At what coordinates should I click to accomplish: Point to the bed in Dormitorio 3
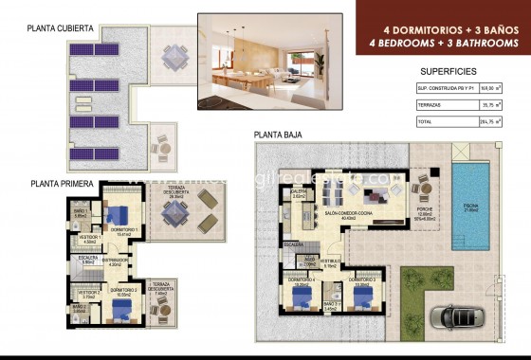coord(360,297)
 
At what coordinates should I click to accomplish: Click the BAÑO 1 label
coord(82,213)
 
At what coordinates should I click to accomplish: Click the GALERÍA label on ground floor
coord(299,193)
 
